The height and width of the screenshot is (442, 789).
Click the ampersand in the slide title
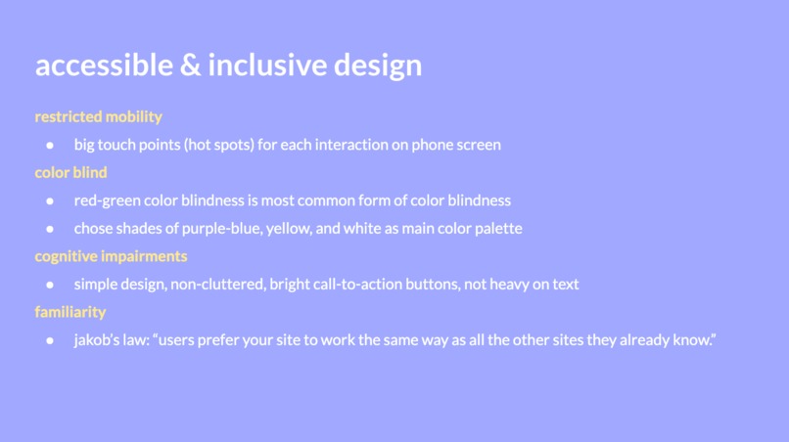click(x=191, y=65)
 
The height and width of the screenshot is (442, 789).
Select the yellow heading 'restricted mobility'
click(x=98, y=116)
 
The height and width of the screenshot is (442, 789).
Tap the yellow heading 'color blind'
click(x=70, y=172)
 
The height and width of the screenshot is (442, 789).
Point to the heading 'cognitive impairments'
click(x=111, y=256)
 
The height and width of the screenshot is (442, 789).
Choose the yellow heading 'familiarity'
click(x=70, y=312)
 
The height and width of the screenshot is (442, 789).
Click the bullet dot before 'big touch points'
click(x=50, y=145)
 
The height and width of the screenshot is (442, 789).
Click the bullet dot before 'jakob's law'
click(x=50, y=340)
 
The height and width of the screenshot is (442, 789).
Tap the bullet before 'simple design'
click(x=50, y=285)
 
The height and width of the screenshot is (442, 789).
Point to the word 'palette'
click(x=497, y=229)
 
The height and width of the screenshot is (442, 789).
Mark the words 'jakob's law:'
click(x=111, y=340)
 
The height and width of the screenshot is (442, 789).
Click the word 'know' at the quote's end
click(x=696, y=340)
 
